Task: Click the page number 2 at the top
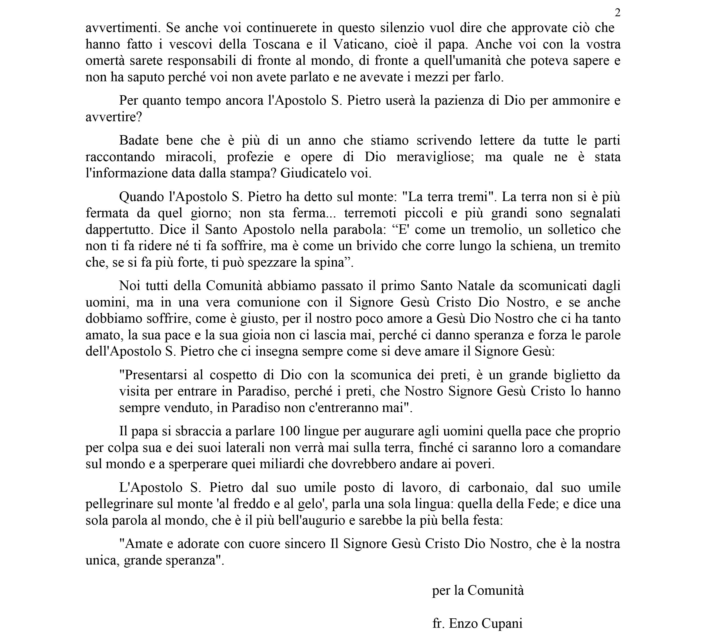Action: pos(617,13)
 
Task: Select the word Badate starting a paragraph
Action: pos(139,140)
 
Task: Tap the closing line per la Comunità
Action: pos(478,590)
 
